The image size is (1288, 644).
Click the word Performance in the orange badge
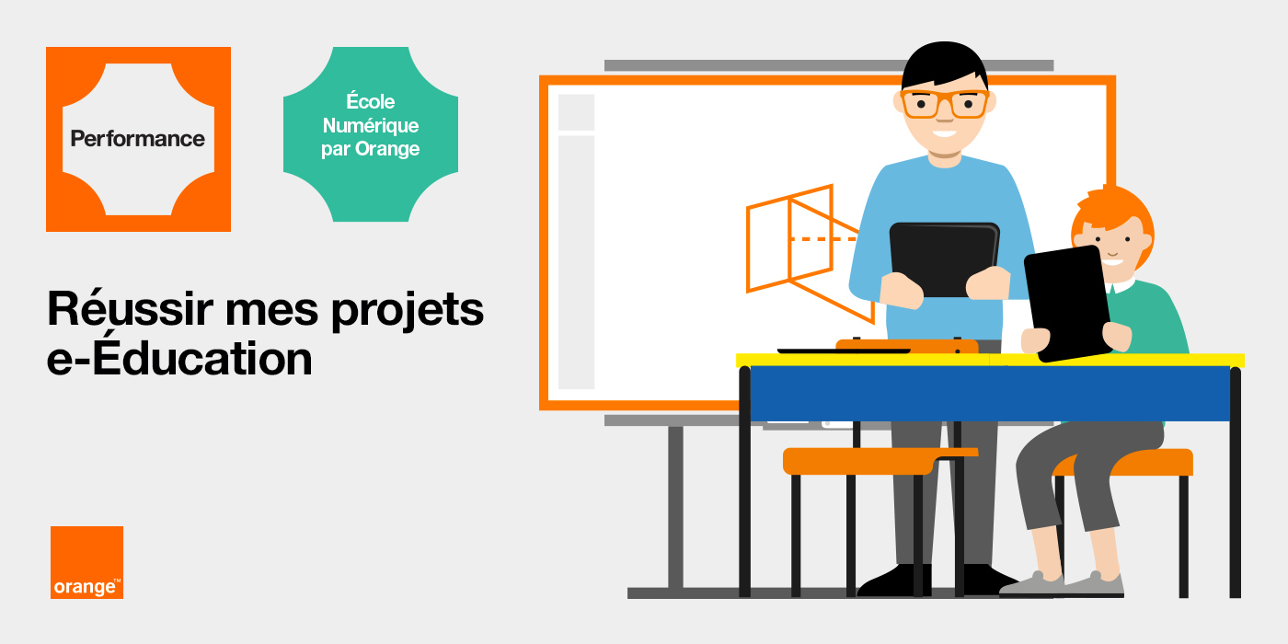point(137,139)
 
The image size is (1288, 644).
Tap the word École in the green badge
point(370,101)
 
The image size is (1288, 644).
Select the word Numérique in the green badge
point(370,125)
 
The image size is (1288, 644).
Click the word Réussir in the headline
point(130,309)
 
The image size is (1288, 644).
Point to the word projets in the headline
point(408,311)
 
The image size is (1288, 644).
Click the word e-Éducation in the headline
point(179,357)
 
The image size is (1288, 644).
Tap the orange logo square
point(86,562)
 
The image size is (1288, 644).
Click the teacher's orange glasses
point(945,104)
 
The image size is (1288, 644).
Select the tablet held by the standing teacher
point(944,259)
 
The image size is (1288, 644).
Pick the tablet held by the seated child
point(1067,303)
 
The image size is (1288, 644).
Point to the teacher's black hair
point(944,64)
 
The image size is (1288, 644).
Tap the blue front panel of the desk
point(990,394)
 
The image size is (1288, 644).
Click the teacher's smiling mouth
point(944,134)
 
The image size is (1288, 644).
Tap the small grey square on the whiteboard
point(576,112)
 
